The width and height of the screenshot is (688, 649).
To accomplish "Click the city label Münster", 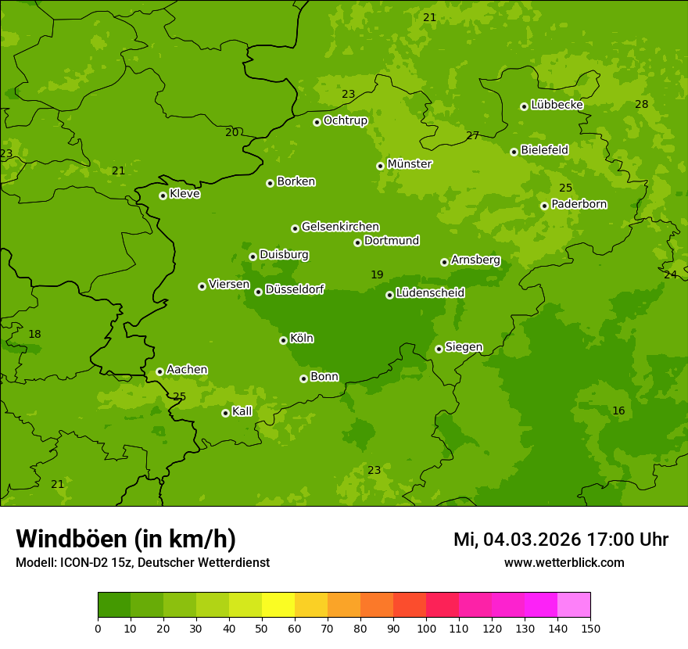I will [x=410, y=164].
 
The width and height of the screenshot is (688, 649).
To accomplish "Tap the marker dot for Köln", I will [x=283, y=340].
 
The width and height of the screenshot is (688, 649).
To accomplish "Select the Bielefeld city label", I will [x=544, y=149].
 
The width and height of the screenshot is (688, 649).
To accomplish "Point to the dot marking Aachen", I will [x=159, y=371].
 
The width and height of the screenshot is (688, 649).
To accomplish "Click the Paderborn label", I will [x=579, y=204].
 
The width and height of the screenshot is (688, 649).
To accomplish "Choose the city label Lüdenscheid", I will [x=430, y=293].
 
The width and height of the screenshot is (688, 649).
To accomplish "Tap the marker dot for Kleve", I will [x=163, y=195].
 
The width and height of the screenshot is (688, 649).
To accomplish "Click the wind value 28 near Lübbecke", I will [x=641, y=104].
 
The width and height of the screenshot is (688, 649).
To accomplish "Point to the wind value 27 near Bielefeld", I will [x=472, y=135].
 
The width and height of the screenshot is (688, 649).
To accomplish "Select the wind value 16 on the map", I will [x=618, y=411].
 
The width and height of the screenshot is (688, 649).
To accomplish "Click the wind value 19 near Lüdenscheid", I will [x=377, y=274].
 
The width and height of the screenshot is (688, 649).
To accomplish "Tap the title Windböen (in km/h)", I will [x=126, y=539].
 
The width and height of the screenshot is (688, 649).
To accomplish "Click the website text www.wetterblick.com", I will [x=564, y=562].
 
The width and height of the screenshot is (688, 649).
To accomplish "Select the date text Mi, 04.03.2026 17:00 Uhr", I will [x=561, y=540].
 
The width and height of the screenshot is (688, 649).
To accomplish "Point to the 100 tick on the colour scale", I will [x=426, y=628].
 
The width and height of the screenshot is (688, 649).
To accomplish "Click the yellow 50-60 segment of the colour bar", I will [x=278, y=604].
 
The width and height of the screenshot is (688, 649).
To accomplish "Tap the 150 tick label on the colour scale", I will [x=590, y=628].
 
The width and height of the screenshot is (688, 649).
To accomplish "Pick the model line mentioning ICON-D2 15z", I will [x=142, y=562].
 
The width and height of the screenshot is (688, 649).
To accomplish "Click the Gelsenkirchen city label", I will [x=340, y=227].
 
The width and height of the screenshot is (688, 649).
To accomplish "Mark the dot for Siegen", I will [x=439, y=349].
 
